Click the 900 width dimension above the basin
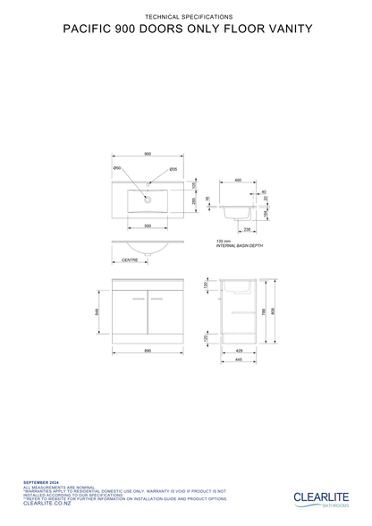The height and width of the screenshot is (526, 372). coord(148,154)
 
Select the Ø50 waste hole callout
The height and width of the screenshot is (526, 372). coord(117,168)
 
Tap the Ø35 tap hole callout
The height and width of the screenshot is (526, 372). coord(173,168)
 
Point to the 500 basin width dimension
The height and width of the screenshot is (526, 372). coord(148,225)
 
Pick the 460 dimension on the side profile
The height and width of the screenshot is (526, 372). coord(238,180)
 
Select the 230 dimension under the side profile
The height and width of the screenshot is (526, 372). coord(245,230)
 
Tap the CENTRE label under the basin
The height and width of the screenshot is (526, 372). coord(130,261)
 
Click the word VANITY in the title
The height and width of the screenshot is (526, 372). coord(282,29)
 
